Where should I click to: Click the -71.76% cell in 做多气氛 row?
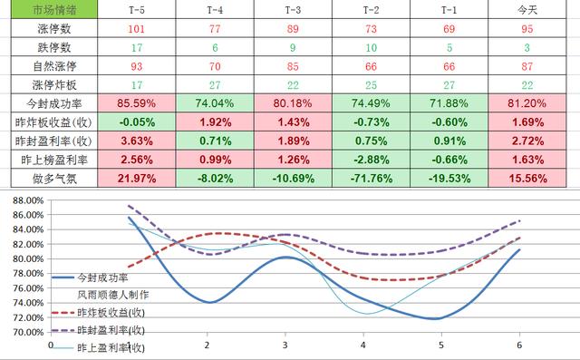(x=370, y=179)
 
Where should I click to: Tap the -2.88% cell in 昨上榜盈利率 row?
(x=370, y=160)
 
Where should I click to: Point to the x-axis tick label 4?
(x=363, y=345)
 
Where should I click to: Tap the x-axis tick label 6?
(x=519, y=345)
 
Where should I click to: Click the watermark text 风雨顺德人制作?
(x=112, y=294)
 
